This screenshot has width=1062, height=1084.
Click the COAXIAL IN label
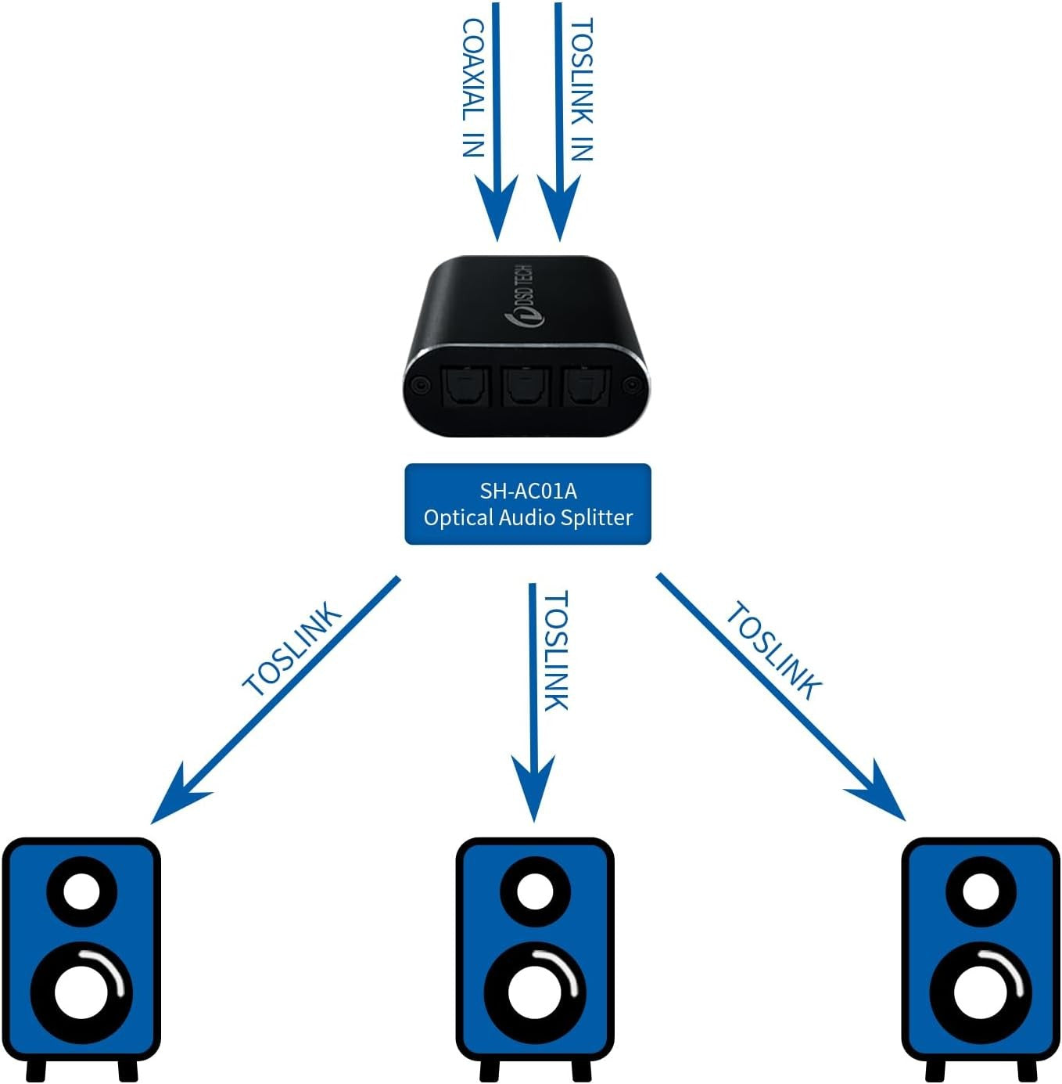473,88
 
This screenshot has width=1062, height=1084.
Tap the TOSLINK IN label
582,90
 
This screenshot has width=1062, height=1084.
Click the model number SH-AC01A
528,491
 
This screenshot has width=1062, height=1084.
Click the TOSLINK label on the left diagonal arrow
292,649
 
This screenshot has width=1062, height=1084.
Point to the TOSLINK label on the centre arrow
555,651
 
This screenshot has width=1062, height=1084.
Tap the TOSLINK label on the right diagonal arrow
773,651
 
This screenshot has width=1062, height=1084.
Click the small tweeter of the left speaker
81,892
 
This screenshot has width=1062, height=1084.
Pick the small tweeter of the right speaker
980,892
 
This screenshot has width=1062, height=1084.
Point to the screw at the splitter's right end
630,385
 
